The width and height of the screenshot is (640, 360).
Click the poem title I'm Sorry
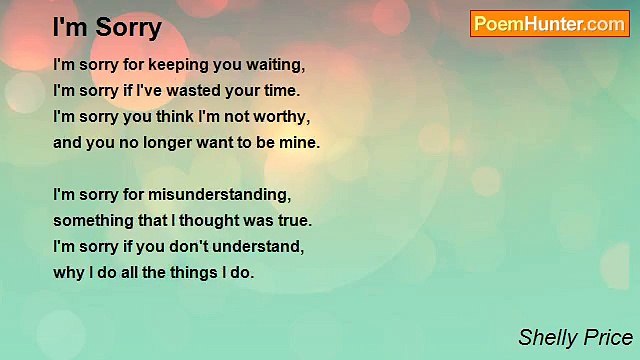point(107,27)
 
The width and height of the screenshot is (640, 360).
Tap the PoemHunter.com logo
point(550,24)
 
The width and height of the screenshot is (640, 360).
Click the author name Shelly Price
point(575,338)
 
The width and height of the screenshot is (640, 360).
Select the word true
point(294,220)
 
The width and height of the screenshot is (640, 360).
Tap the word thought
point(210,220)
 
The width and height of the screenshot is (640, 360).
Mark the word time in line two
point(279,91)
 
